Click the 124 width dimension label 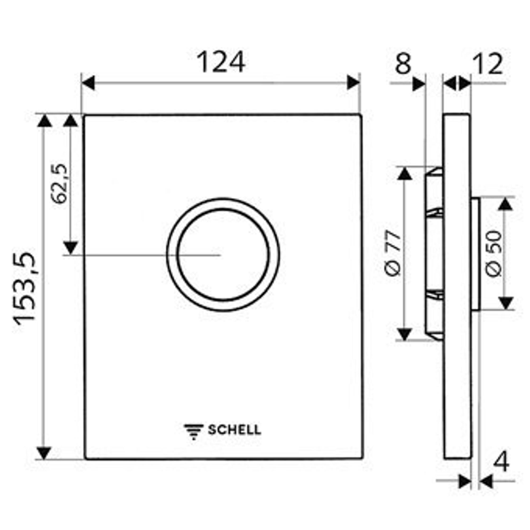point(221,62)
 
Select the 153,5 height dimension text point(25,288)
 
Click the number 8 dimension point(403,64)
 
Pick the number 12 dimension point(488,64)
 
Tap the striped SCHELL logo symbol point(194,432)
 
